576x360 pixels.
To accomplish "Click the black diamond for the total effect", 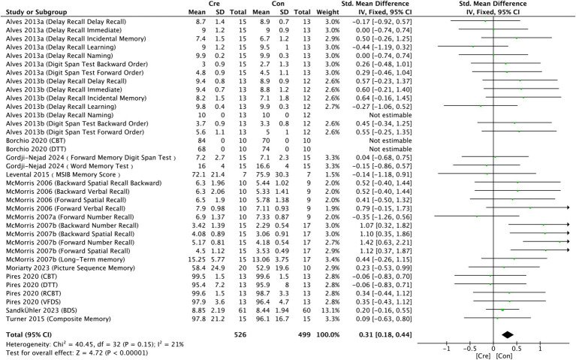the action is pos(508,334).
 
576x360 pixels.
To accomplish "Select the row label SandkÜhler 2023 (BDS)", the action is pos(41,310).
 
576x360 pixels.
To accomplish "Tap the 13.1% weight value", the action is pos(333,310).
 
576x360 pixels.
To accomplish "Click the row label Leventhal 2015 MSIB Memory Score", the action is pos(63,174).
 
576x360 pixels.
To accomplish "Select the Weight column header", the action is pos(328,12).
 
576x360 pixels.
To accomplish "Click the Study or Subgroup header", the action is pos(36,12).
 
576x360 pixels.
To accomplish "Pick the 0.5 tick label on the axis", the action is pos(517,349).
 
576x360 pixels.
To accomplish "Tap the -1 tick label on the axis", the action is pos(446,349).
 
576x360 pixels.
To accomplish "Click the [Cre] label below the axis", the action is pos(483,356).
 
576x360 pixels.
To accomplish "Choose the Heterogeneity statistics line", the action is pos(95,344).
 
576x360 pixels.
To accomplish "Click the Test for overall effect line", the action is pos(77,353).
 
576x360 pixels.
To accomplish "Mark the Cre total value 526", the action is pos(240,334).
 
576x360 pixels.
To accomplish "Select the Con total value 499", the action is pos(304,334).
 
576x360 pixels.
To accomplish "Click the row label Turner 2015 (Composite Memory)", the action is pos(59,319).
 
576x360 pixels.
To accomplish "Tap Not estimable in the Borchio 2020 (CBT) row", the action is pos(391,141).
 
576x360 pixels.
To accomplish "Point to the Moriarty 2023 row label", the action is pos(70,268).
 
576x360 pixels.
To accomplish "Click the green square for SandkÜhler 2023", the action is pos(502,310).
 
